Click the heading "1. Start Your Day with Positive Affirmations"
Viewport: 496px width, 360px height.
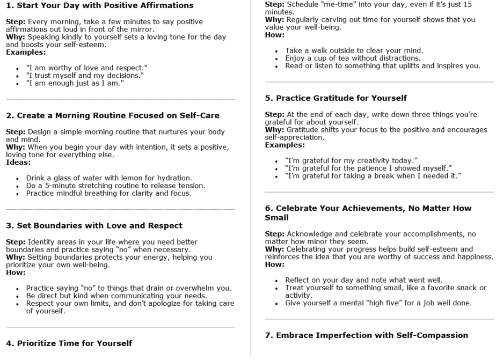(x=99, y=6)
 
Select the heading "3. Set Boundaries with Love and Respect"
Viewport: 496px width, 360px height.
(x=94, y=225)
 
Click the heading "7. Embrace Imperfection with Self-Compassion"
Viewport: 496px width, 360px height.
(x=367, y=335)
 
